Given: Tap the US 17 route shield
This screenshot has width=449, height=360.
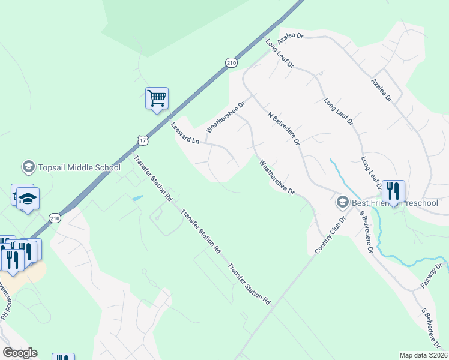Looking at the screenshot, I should pos(142,140).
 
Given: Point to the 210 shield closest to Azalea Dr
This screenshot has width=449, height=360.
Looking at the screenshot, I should pos(232,62).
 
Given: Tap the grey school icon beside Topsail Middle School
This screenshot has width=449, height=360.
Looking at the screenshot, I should pos(28,166).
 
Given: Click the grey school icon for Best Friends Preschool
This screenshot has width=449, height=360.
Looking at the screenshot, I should pos(343,202).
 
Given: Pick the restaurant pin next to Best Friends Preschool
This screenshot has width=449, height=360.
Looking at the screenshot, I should pos(393,191).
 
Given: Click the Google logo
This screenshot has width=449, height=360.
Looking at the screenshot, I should pos(20,353).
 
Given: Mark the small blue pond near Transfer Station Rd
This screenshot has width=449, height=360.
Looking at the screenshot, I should pos(137,198).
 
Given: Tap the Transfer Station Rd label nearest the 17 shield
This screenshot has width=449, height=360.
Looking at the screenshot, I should pos(153,178).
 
